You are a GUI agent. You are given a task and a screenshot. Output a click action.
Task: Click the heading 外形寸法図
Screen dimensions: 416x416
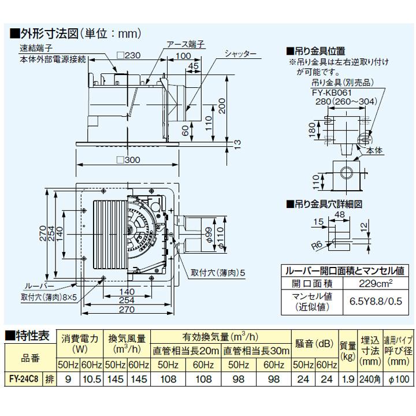(51, 34)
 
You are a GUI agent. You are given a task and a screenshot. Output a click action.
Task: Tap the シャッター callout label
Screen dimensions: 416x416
(242, 54)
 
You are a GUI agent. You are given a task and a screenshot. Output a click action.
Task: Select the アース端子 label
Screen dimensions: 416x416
(183, 44)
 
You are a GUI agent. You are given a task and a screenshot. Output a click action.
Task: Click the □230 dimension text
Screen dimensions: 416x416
(128, 55)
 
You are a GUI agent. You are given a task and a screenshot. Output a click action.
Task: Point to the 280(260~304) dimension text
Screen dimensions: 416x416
(347, 102)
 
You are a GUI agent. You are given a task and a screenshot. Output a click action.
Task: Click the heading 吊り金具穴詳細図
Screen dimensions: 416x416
(328, 203)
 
